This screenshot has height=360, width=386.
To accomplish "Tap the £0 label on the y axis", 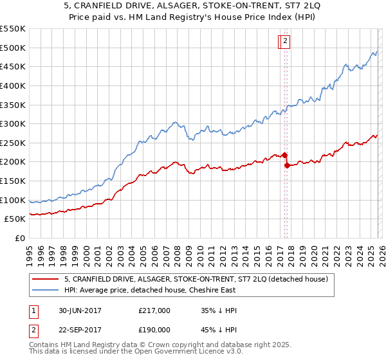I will [x=19, y=238].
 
